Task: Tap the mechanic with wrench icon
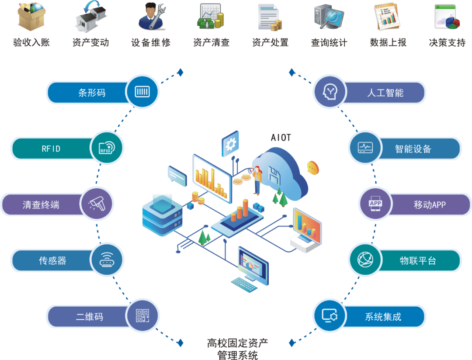(x=152, y=16)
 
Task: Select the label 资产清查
(x=212, y=42)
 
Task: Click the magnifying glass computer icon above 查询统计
(x=329, y=17)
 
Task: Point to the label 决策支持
(x=448, y=42)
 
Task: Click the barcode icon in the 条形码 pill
(x=142, y=91)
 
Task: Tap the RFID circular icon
(x=107, y=148)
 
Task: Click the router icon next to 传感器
(x=107, y=260)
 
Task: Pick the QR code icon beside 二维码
(x=142, y=316)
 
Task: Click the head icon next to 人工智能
(x=330, y=91)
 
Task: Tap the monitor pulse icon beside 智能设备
(x=365, y=148)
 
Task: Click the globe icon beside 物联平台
(x=365, y=260)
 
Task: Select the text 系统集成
(x=383, y=317)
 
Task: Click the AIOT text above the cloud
(x=281, y=138)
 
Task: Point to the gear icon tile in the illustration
(x=230, y=144)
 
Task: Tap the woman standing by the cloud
(x=257, y=180)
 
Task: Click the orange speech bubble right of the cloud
(x=313, y=168)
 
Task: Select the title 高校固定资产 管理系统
(x=237, y=349)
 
